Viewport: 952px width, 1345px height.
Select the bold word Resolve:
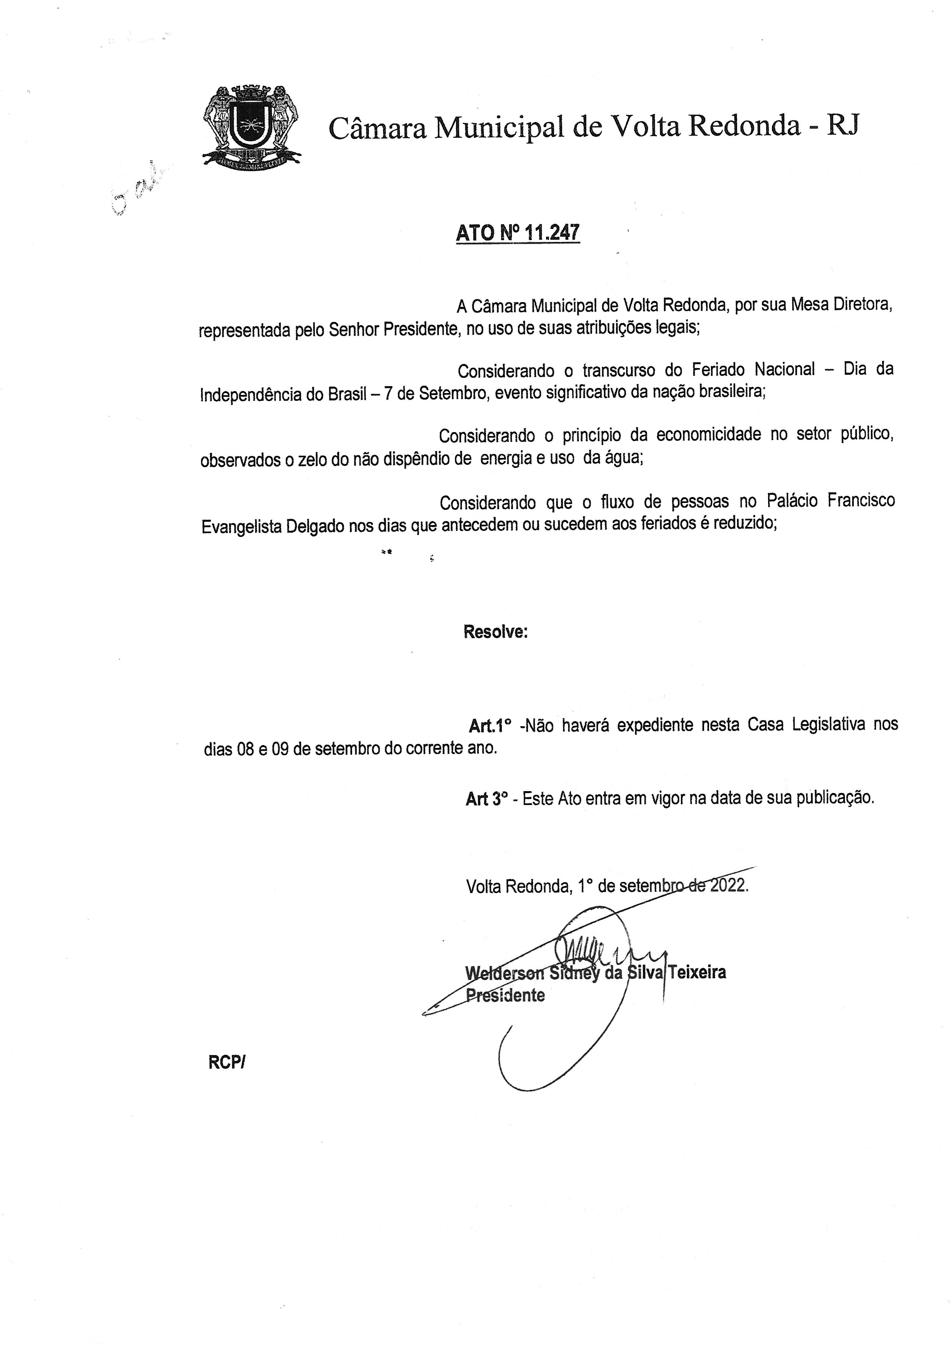coord(495,632)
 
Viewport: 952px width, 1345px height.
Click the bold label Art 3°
coord(486,799)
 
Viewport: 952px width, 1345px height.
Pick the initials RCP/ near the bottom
coord(226,1062)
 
